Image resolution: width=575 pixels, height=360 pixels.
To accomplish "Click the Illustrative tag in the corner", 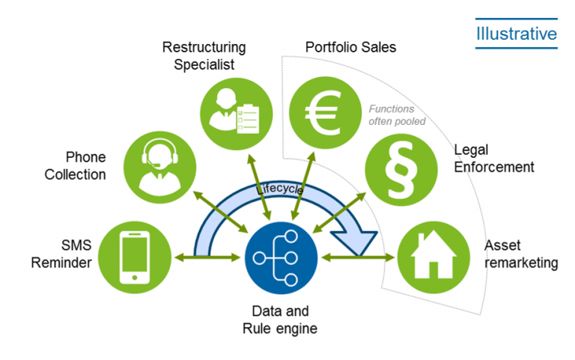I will (x=516, y=34).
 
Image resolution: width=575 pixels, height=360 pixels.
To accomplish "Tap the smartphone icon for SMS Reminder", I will (x=136, y=257).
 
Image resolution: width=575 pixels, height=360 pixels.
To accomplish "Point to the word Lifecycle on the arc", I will (x=279, y=191).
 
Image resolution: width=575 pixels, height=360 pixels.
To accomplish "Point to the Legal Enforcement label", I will (x=494, y=159).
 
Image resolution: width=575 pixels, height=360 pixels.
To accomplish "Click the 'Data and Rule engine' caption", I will (x=280, y=320).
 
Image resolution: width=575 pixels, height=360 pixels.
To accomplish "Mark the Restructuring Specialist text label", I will (x=204, y=56).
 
